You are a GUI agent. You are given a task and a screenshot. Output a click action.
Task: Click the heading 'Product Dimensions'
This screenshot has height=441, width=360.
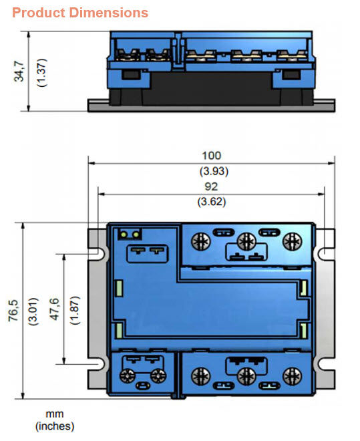[x=80, y=13]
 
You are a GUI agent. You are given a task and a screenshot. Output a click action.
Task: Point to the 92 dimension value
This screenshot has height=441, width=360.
[x=211, y=186]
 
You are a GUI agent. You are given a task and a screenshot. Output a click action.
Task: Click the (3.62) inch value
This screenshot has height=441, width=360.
[x=211, y=200]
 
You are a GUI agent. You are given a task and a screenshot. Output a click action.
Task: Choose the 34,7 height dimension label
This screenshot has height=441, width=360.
[x=20, y=69]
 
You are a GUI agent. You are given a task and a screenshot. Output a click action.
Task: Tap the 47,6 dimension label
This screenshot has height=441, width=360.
[x=55, y=310]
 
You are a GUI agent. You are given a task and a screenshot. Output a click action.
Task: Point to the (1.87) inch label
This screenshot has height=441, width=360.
[x=75, y=310]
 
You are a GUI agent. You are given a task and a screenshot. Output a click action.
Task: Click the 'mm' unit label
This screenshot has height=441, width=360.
[x=55, y=414]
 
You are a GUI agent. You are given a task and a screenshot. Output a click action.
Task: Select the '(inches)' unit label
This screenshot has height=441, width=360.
[x=55, y=426]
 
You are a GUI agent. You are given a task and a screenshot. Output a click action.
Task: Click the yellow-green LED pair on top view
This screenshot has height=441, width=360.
[x=130, y=235]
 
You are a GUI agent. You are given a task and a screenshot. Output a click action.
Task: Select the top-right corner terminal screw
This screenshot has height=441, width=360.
[x=291, y=240]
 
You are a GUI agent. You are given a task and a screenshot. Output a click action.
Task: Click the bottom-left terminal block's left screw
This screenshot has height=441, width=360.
[x=125, y=376]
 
